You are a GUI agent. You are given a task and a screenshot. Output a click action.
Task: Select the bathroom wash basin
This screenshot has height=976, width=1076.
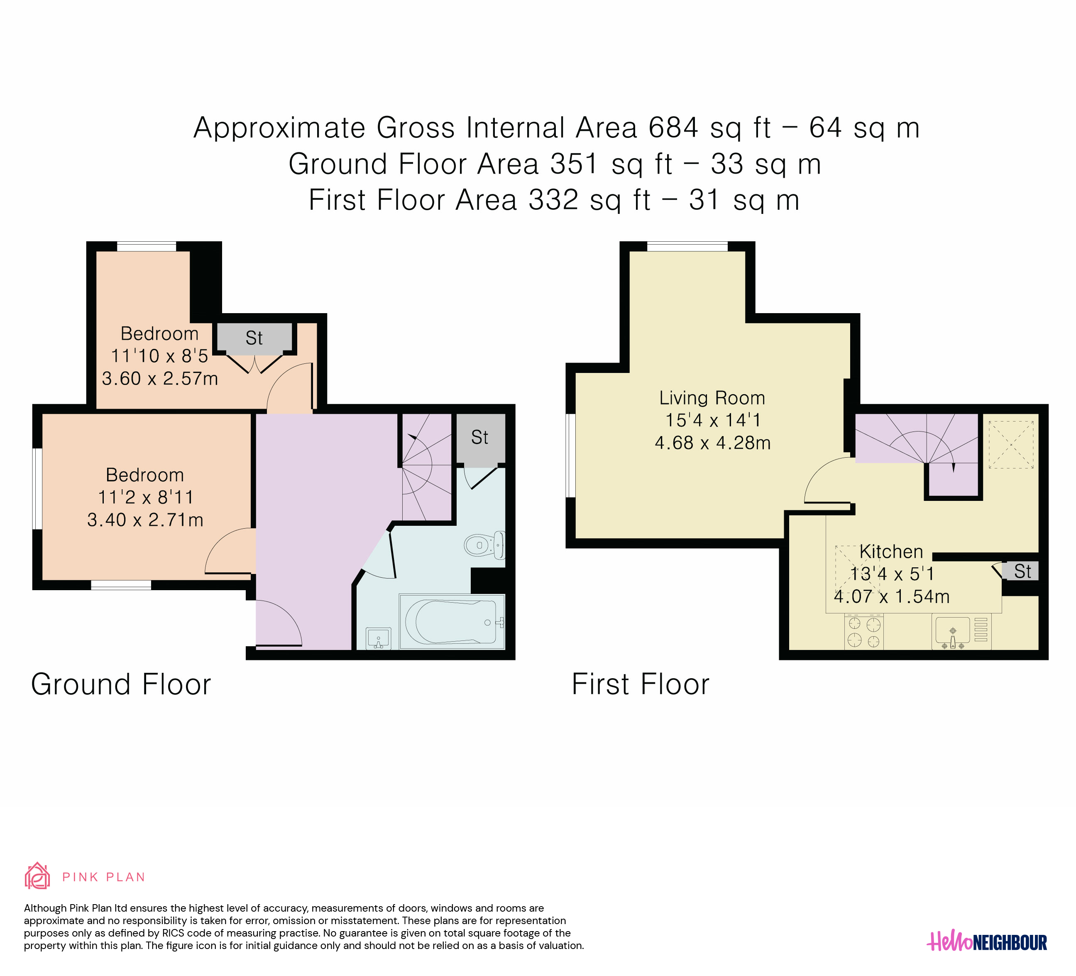coord(379,639)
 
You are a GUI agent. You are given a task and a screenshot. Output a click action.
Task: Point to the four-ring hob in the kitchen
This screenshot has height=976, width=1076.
coord(863,632)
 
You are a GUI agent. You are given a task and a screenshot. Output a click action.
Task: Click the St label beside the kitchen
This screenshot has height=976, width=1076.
coord(1022,571)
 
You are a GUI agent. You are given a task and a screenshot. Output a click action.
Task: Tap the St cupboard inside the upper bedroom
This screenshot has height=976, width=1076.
coord(254,338)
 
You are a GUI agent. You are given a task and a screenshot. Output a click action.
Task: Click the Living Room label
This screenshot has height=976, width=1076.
coord(712,398)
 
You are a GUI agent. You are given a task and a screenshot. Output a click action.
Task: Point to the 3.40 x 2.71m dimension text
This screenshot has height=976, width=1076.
coord(145,520)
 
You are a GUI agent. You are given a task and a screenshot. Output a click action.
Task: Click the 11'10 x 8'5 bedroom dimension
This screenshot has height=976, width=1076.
coord(159,356)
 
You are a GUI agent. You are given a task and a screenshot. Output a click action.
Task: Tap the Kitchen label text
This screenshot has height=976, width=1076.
coord(891,552)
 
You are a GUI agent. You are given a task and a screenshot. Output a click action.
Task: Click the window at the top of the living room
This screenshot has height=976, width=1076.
coord(687,246)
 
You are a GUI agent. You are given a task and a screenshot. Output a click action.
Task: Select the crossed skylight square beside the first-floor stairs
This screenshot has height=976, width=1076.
coord(1011,445)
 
